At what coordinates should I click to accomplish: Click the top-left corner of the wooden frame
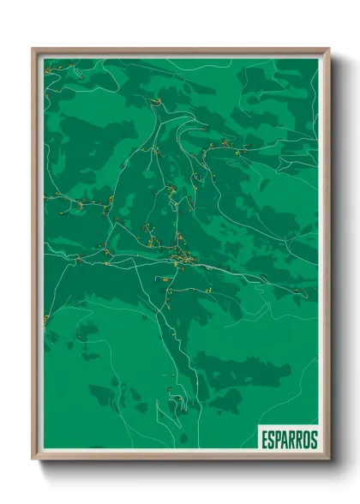33,49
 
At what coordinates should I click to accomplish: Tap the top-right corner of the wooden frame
329,49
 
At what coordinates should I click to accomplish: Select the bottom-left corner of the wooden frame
33,460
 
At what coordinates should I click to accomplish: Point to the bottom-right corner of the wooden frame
329,460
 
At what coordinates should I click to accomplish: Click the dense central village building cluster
183,255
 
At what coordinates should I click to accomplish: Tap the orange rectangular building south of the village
162,279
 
